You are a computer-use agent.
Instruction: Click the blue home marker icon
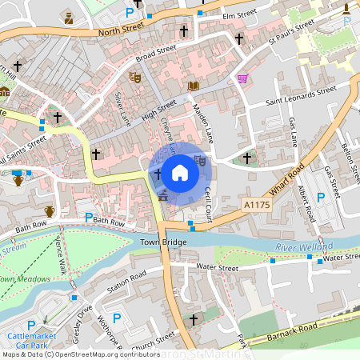click(x=180, y=171)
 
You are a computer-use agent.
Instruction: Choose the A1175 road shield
click(x=257, y=206)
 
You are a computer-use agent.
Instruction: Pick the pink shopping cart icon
click(x=242, y=78)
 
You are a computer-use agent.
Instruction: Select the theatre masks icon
click(x=135, y=78)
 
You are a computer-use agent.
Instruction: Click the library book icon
click(x=194, y=86)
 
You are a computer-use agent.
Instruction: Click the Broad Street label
click(x=155, y=53)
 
